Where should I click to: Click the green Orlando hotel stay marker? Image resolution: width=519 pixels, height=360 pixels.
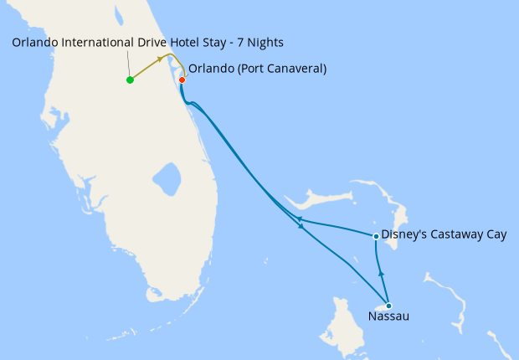click(x=130, y=80)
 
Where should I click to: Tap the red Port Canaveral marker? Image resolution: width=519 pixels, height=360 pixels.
click(x=182, y=80)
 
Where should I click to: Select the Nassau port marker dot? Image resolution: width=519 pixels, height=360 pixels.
click(x=388, y=306)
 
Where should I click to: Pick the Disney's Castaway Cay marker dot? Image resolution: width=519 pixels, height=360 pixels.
click(x=376, y=237)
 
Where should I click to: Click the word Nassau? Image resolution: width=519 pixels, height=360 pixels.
click(x=389, y=317)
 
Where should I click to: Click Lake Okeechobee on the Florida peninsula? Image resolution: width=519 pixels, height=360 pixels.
click(x=167, y=177)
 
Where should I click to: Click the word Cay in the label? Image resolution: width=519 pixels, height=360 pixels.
click(x=496, y=235)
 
